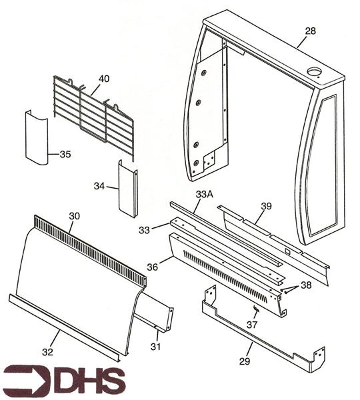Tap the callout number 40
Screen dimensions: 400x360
pyautogui.click(x=104, y=79)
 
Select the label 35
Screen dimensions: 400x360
pyautogui.click(x=65, y=155)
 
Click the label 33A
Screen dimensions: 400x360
pyautogui.click(x=205, y=194)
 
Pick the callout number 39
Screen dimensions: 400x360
pyautogui.click(x=266, y=207)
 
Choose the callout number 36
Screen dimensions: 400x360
pyautogui.click(x=153, y=267)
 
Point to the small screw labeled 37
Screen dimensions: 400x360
pyautogui.click(x=255, y=309)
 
